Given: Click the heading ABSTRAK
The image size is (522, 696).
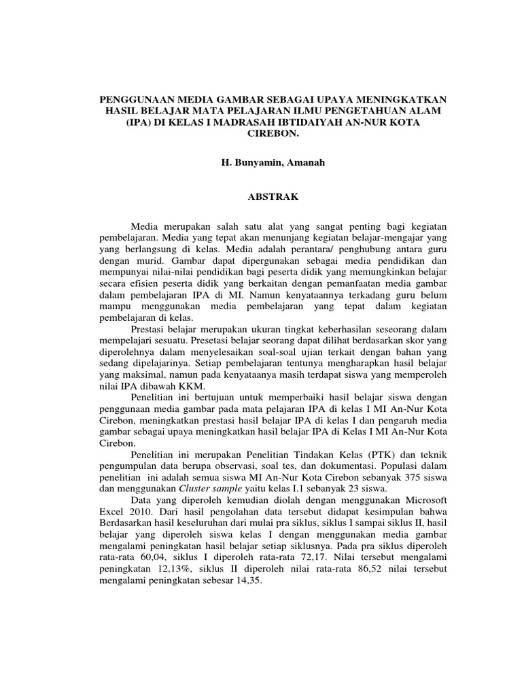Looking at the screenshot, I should click(271, 196).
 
